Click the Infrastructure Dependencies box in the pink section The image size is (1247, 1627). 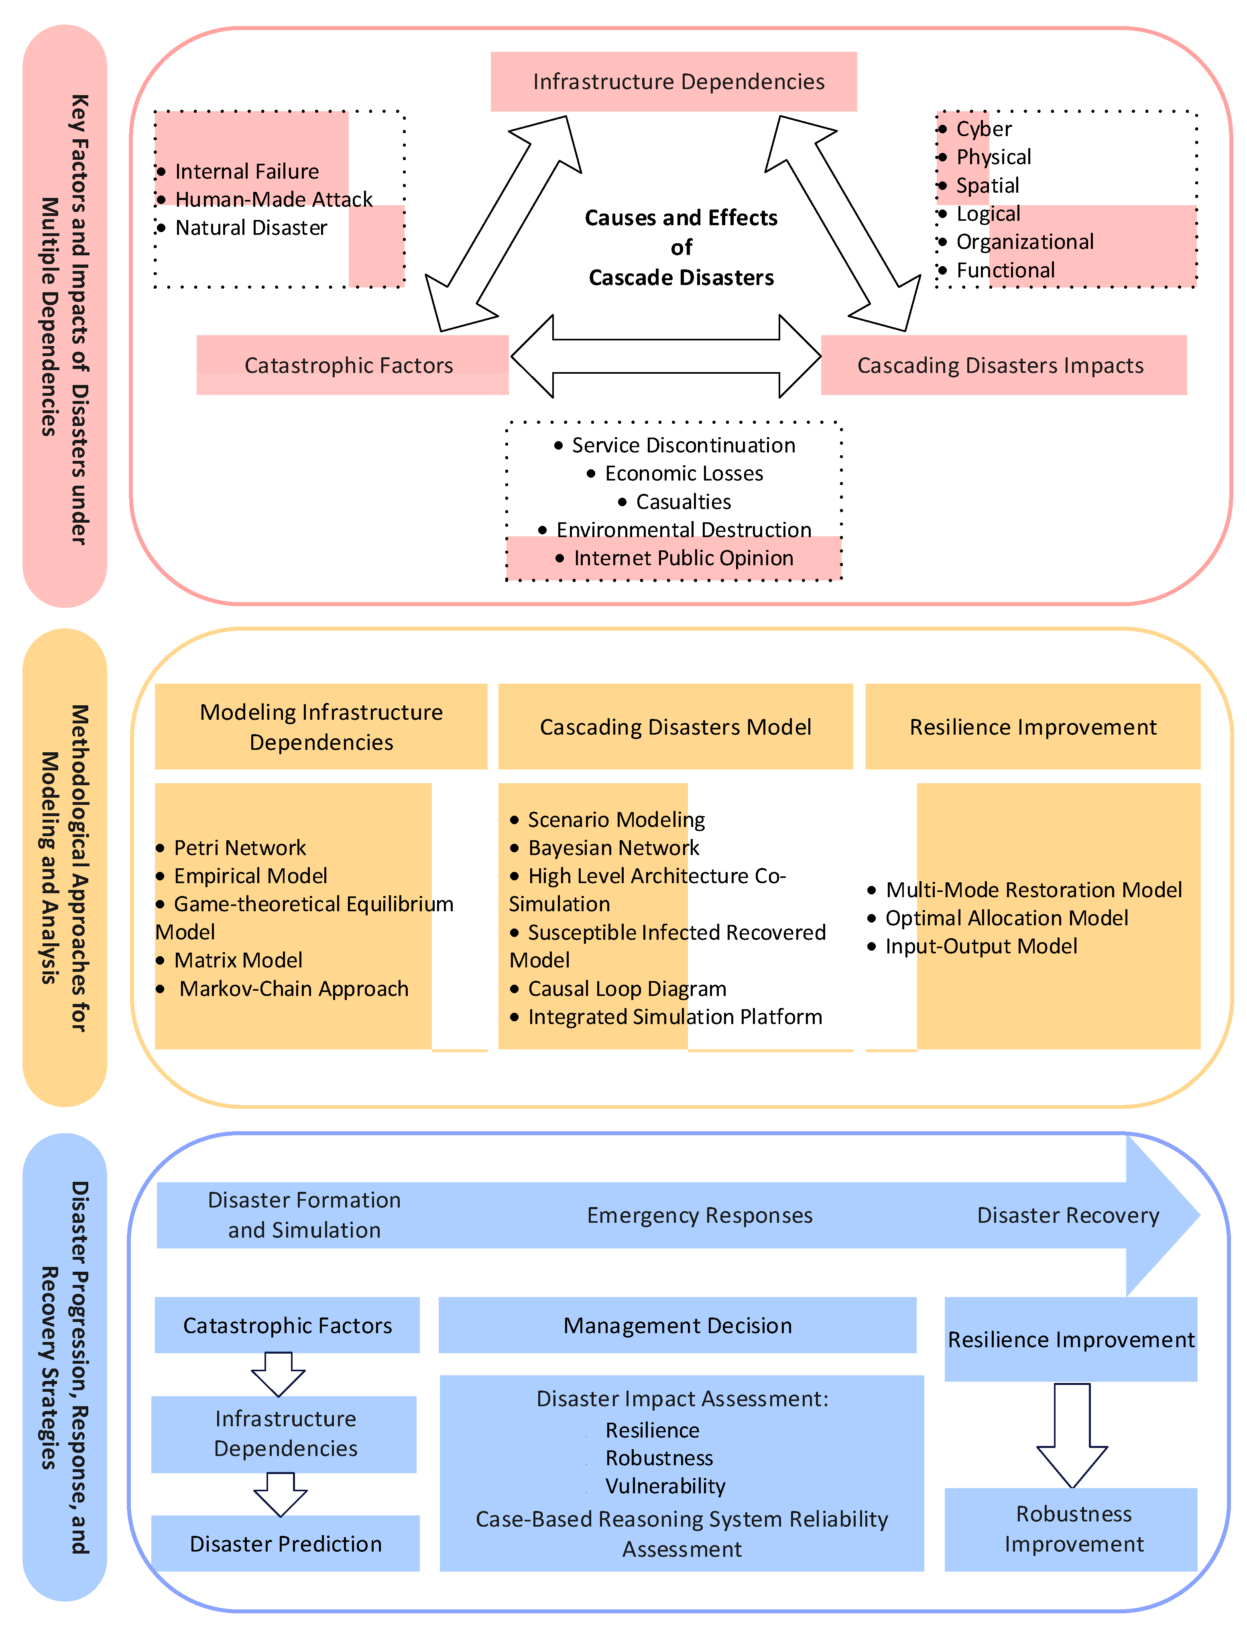click(x=673, y=81)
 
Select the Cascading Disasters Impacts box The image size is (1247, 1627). click(x=1003, y=365)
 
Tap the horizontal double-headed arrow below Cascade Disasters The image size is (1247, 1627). click(x=666, y=356)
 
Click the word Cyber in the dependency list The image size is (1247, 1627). click(x=983, y=129)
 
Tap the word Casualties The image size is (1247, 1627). click(x=684, y=502)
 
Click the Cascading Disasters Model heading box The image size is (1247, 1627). click(x=675, y=727)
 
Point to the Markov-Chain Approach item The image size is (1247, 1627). click(x=283, y=989)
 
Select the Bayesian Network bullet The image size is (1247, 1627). click(x=605, y=848)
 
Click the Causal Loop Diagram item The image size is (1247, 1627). click(x=618, y=989)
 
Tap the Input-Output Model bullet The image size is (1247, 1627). click(x=972, y=946)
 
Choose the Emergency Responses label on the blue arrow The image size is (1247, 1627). click(x=700, y=1215)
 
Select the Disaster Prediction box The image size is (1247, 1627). click(x=286, y=1543)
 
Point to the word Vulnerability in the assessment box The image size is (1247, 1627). click(x=665, y=1486)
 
